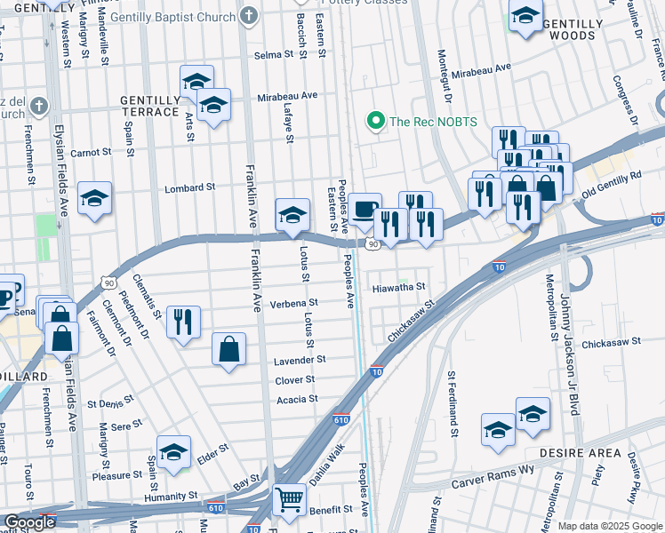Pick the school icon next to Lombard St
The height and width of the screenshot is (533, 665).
pos(94,199)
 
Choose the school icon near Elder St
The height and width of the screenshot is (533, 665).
pos(174,451)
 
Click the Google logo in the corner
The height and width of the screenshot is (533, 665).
pos(28,522)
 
